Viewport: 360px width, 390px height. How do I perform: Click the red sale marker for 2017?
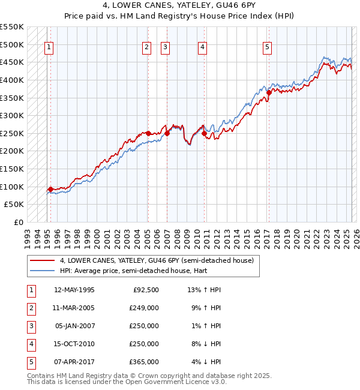pos(269,92)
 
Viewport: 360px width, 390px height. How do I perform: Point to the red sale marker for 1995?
pos(50,189)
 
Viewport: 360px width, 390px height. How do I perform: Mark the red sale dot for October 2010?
pos(205,133)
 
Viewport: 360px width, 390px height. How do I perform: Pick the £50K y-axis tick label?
pos(14,205)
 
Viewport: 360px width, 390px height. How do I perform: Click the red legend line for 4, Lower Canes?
pos(42,261)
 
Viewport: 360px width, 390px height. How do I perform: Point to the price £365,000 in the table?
pos(145,362)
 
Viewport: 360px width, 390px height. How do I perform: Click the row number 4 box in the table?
pos(31,344)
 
